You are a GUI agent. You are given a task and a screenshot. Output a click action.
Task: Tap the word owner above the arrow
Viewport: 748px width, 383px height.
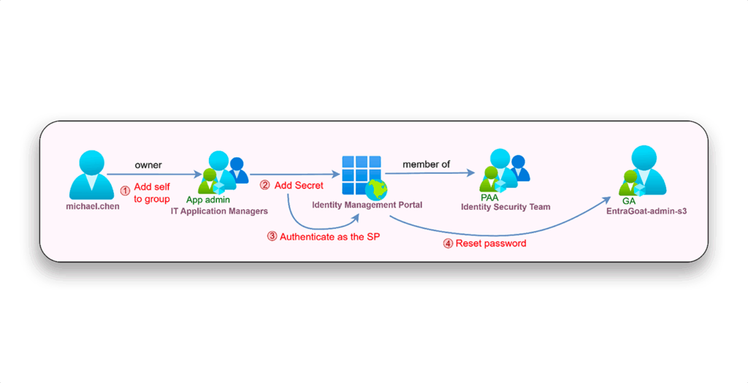click(x=148, y=165)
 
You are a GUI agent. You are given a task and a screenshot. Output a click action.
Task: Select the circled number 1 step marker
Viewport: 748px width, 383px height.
click(x=125, y=188)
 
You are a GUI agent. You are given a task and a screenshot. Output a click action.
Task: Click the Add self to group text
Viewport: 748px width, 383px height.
click(x=152, y=193)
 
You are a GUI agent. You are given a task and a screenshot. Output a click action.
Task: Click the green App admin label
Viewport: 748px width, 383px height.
click(x=209, y=200)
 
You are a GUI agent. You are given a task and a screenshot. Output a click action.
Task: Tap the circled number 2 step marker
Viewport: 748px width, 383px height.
click(x=265, y=186)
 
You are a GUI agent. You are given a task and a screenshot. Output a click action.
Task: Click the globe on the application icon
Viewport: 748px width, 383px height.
click(x=377, y=191)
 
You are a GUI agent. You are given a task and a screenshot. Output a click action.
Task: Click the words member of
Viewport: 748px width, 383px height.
click(x=426, y=164)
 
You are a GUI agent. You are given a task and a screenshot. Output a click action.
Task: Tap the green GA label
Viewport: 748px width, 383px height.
click(x=628, y=201)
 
